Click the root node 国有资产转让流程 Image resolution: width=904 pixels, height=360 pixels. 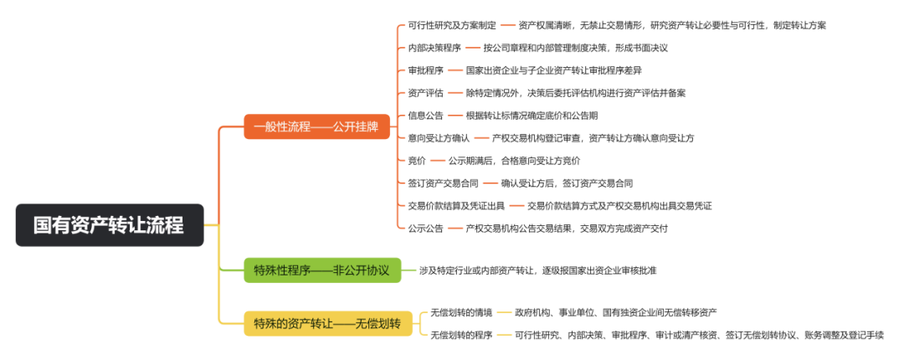click(109, 225)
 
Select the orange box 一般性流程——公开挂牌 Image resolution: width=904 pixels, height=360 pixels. click(316, 127)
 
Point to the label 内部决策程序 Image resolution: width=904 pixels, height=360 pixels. click(434, 48)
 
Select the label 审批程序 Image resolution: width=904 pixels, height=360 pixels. click(425, 70)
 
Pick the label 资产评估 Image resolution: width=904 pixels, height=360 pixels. click(425, 93)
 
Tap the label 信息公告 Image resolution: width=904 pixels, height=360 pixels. click(425, 116)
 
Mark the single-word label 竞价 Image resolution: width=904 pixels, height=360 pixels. click(416, 161)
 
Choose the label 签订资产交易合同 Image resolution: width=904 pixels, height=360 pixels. click(443, 183)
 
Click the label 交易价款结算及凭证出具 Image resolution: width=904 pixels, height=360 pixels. click(456, 205)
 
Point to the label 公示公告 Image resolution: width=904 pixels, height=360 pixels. click(425, 228)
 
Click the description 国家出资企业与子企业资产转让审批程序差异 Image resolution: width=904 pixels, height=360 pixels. click(553, 70)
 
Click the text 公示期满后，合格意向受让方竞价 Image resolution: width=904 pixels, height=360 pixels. click(514, 161)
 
